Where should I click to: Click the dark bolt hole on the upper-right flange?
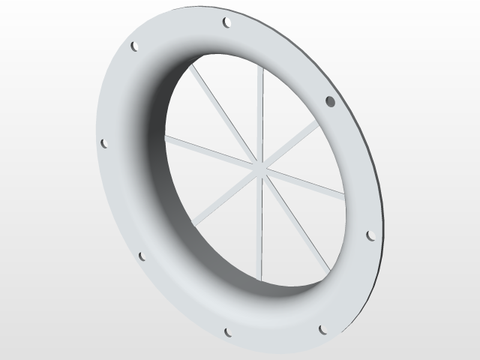[329, 100]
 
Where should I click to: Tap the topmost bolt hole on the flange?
[226, 22]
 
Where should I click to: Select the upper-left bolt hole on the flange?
[135, 46]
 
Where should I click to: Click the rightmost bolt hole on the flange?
[370, 235]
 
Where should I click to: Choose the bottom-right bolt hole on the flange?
[323, 328]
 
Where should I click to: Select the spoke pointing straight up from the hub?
[260, 112]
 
